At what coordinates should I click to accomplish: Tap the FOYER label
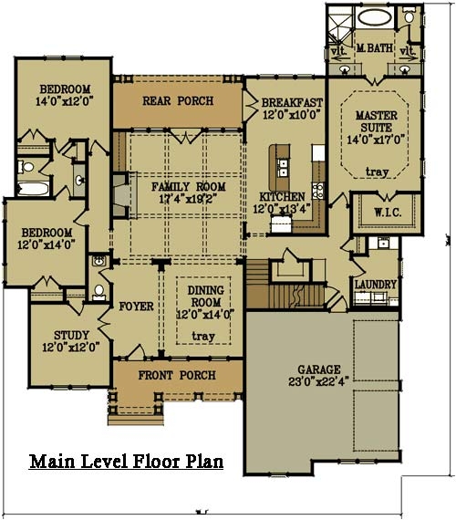(x=136, y=307)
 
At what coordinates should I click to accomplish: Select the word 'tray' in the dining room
(x=204, y=336)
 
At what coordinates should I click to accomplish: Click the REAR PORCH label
(x=178, y=100)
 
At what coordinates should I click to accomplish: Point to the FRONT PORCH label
(x=176, y=375)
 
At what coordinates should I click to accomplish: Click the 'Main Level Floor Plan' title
(x=125, y=461)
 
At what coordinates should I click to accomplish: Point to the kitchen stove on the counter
(x=316, y=191)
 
